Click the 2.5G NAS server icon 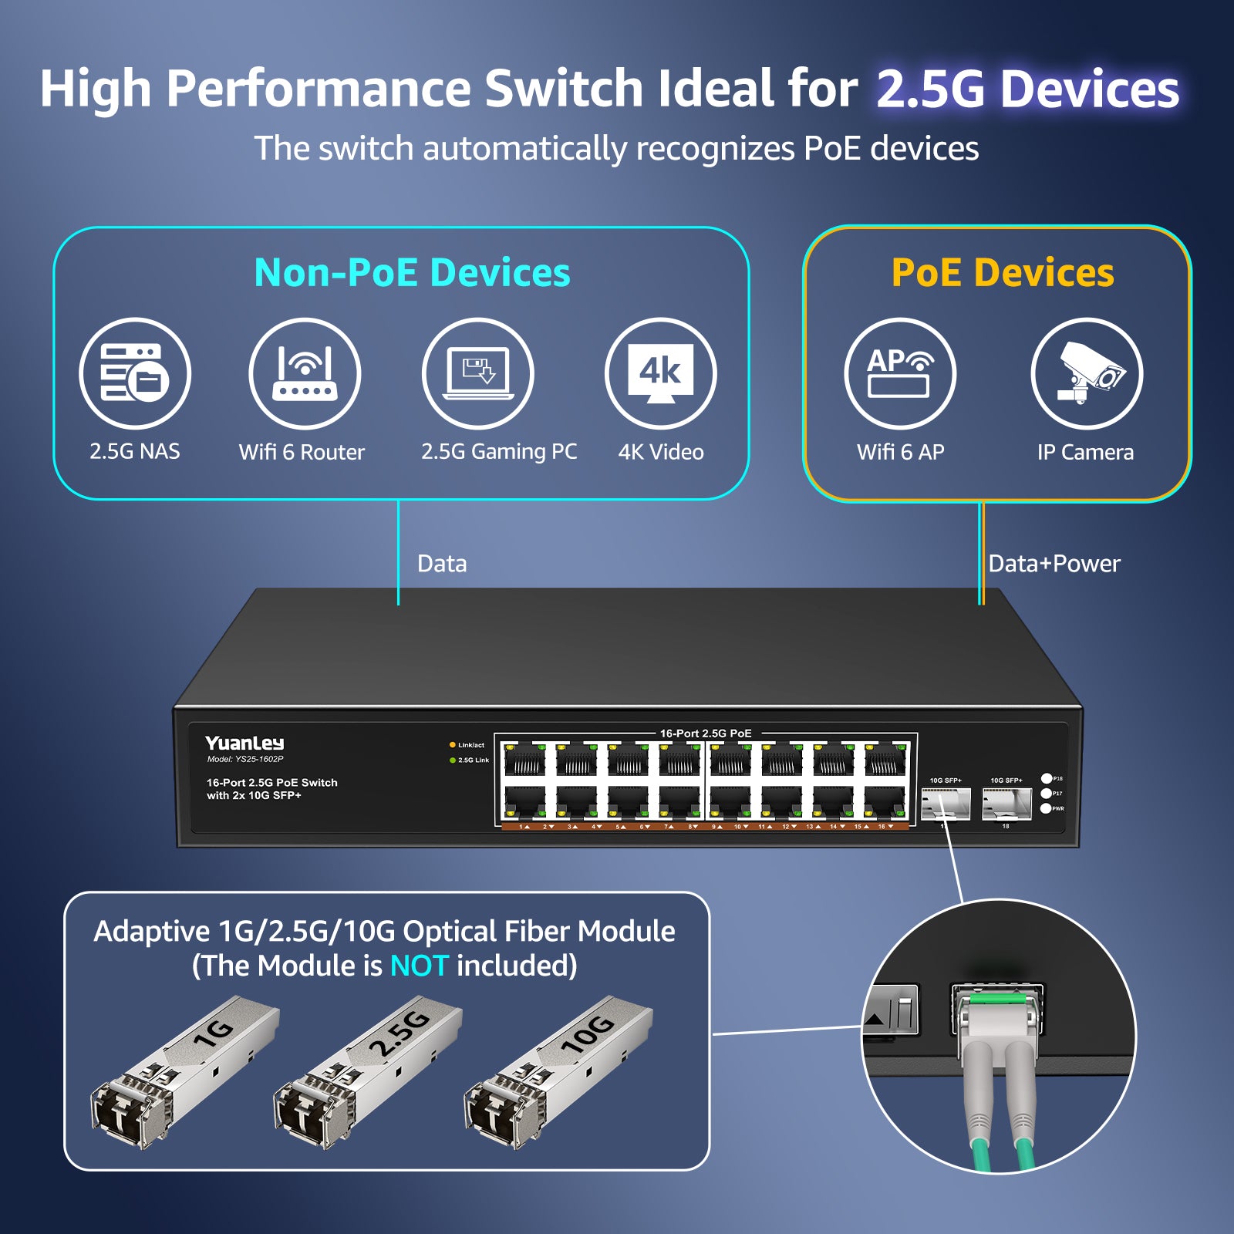pyautogui.click(x=134, y=373)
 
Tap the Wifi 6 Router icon pyautogui.click(x=305, y=373)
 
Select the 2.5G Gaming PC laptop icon pyautogui.click(x=478, y=373)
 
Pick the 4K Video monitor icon pyautogui.click(x=661, y=373)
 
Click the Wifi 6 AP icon pyautogui.click(x=900, y=373)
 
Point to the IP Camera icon pyautogui.click(x=1087, y=373)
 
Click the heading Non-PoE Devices pyautogui.click(x=412, y=272)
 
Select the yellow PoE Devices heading pyautogui.click(x=1003, y=272)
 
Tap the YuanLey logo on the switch pyautogui.click(x=244, y=743)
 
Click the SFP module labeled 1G pyautogui.click(x=185, y=1072)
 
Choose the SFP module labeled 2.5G pyautogui.click(x=369, y=1072)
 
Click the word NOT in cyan pyautogui.click(x=419, y=966)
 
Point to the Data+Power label pyautogui.click(x=1054, y=564)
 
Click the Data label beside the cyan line pyautogui.click(x=442, y=564)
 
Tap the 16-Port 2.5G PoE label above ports pyautogui.click(x=706, y=733)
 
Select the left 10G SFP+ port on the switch pyautogui.click(x=946, y=804)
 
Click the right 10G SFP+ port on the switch pyautogui.click(x=1006, y=804)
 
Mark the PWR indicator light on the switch pyautogui.click(x=1047, y=808)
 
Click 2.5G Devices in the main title pyautogui.click(x=1027, y=89)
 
